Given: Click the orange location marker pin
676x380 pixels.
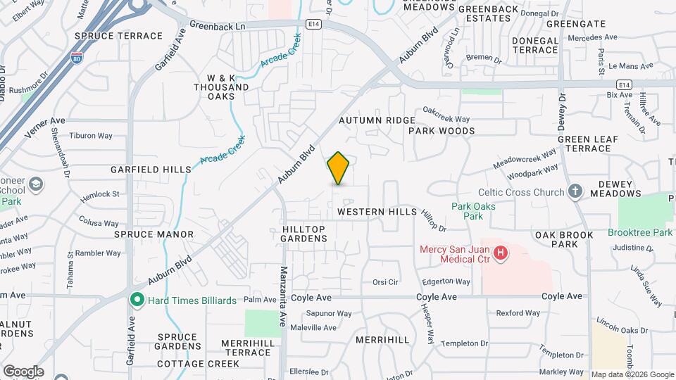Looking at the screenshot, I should click(x=338, y=168).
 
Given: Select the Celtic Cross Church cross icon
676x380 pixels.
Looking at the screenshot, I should click(x=575, y=191).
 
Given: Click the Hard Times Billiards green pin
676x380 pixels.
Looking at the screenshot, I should click(x=137, y=300).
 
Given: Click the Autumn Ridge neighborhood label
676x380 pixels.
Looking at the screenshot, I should click(x=377, y=120).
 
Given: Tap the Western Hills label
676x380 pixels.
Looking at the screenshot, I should click(x=377, y=211).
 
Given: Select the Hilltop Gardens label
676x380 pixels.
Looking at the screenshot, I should click(x=304, y=234).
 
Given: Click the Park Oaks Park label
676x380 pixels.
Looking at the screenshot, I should click(x=472, y=211).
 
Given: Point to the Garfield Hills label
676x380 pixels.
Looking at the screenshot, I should click(x=151, y=170).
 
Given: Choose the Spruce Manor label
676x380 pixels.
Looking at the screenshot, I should click(x=154, y=234).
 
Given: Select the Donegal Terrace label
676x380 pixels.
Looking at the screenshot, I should click(x=534, y=45).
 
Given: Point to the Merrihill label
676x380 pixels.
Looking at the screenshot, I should click(x=382, y=340).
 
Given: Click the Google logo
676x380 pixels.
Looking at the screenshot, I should click(x=23, y=372).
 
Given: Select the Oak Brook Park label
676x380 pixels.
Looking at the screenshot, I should click(x=556, y=239).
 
